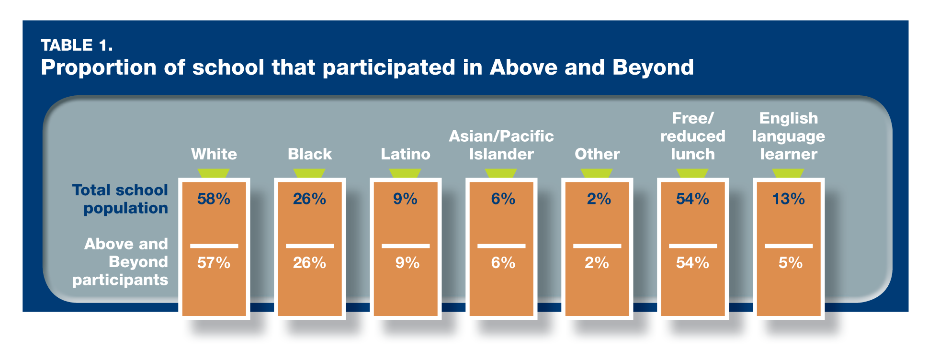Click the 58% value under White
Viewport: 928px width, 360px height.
[x=214, y=199]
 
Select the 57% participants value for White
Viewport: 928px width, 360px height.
[x=214, y=262]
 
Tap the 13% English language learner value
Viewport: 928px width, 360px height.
[x=789, y=199]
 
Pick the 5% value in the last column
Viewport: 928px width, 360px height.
[x=791, y=262]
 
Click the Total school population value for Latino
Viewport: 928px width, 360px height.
[x=406, y=199]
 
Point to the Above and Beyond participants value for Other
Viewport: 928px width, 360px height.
[x=597, y=262]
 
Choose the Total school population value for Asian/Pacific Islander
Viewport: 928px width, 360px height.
[x=503, y=199]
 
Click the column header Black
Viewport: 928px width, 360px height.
[x=310, y=154]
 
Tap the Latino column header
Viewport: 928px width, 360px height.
[x=406, y=154]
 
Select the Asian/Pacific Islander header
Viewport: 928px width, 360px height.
[x=501, y=145]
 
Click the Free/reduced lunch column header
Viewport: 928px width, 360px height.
[x=693, y=136]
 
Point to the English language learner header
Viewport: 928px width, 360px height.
[x=789, y=136]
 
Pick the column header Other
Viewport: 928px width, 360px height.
[x=597, y=154]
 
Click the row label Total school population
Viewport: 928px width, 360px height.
[x=120, y=199]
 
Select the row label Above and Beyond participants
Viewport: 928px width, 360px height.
[x=120, y=262]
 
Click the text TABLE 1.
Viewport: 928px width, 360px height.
[x=77, y=45]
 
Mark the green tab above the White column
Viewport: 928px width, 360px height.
[x=214, y=173]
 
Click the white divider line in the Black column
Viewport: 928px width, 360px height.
[x=310, y=246]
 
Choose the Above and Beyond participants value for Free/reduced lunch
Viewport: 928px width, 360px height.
[x=692, y=262]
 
